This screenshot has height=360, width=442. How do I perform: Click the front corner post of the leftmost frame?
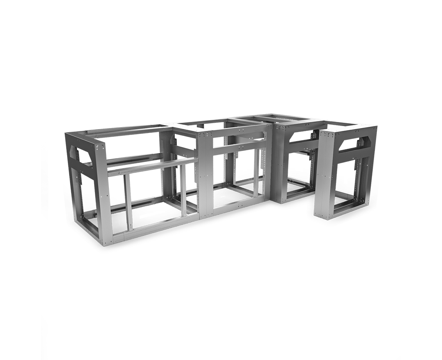click(x=104, y=192)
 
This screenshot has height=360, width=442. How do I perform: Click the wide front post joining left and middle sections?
click(x=205, y=176)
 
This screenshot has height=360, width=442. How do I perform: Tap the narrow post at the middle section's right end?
click(x=268, y=164)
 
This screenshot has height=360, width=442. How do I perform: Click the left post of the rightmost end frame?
click(x=326, y=176)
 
